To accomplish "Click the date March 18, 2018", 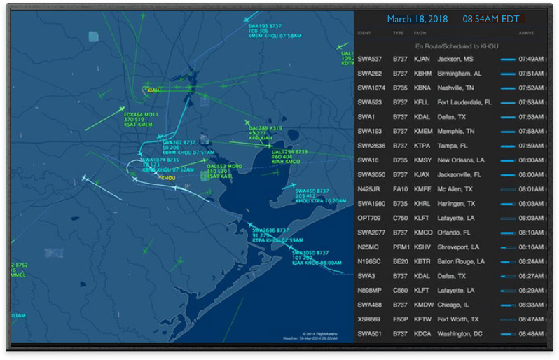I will (417, 19).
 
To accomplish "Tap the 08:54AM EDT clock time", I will (490, 19).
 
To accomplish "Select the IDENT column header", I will (364, 33).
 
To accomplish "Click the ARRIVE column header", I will (526, 33).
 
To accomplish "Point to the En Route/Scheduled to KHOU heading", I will (448, 46).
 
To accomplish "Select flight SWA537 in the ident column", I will (369, 60).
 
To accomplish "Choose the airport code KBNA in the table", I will (422, 88).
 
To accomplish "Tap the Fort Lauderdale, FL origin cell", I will (464, 102).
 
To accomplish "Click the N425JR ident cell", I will (369, 188).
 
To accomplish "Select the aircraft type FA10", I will (399, 188).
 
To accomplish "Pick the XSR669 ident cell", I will (369, 319).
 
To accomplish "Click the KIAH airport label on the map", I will (153, 90).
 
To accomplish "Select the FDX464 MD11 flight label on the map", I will (141, 114).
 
